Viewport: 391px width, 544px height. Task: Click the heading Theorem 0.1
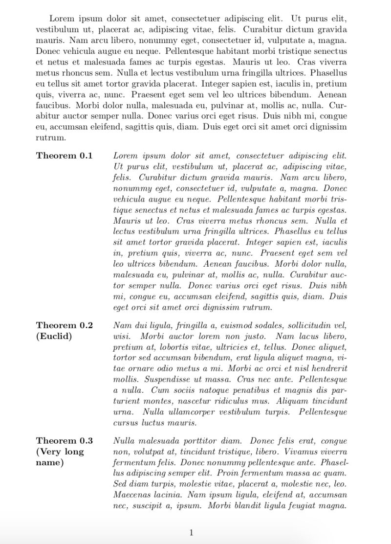coord(64,156)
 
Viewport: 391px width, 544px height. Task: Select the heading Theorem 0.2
coord(64,325)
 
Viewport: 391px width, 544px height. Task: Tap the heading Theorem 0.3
coord(64,441)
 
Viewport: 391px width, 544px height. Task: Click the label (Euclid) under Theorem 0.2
coord(54,337)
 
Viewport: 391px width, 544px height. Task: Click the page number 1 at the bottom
coord(191,532)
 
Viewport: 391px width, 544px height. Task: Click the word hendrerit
coord(328,368)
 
